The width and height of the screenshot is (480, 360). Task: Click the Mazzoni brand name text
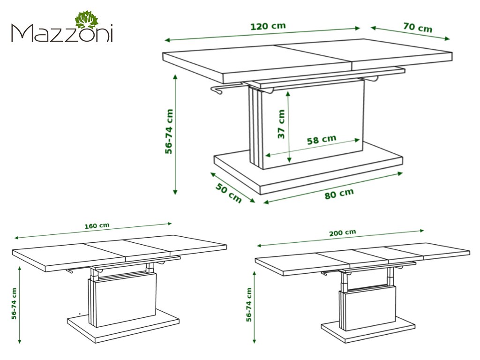tap(62, 33)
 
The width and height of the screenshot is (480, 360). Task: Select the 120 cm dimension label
tap(268, 26)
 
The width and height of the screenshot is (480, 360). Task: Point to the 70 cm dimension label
tap(418, 27)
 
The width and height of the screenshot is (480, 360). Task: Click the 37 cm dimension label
tap(281, 124)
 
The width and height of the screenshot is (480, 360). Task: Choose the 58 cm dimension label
tap(322, 140)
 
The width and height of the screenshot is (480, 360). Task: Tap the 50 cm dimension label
tap(228, 193)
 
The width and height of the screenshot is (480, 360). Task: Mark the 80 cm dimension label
tap(339, 194)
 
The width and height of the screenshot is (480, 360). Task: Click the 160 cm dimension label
tap(97, 226)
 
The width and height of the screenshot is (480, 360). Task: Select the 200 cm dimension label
tap(343, 232)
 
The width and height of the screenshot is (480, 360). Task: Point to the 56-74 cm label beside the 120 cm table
tap(169, 132)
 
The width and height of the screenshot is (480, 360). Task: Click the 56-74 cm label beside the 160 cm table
tap(14, 304)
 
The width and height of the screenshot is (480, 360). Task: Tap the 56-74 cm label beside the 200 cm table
tap(249, 305)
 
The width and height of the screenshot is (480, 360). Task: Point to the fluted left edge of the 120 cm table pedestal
tap(256, 128)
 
